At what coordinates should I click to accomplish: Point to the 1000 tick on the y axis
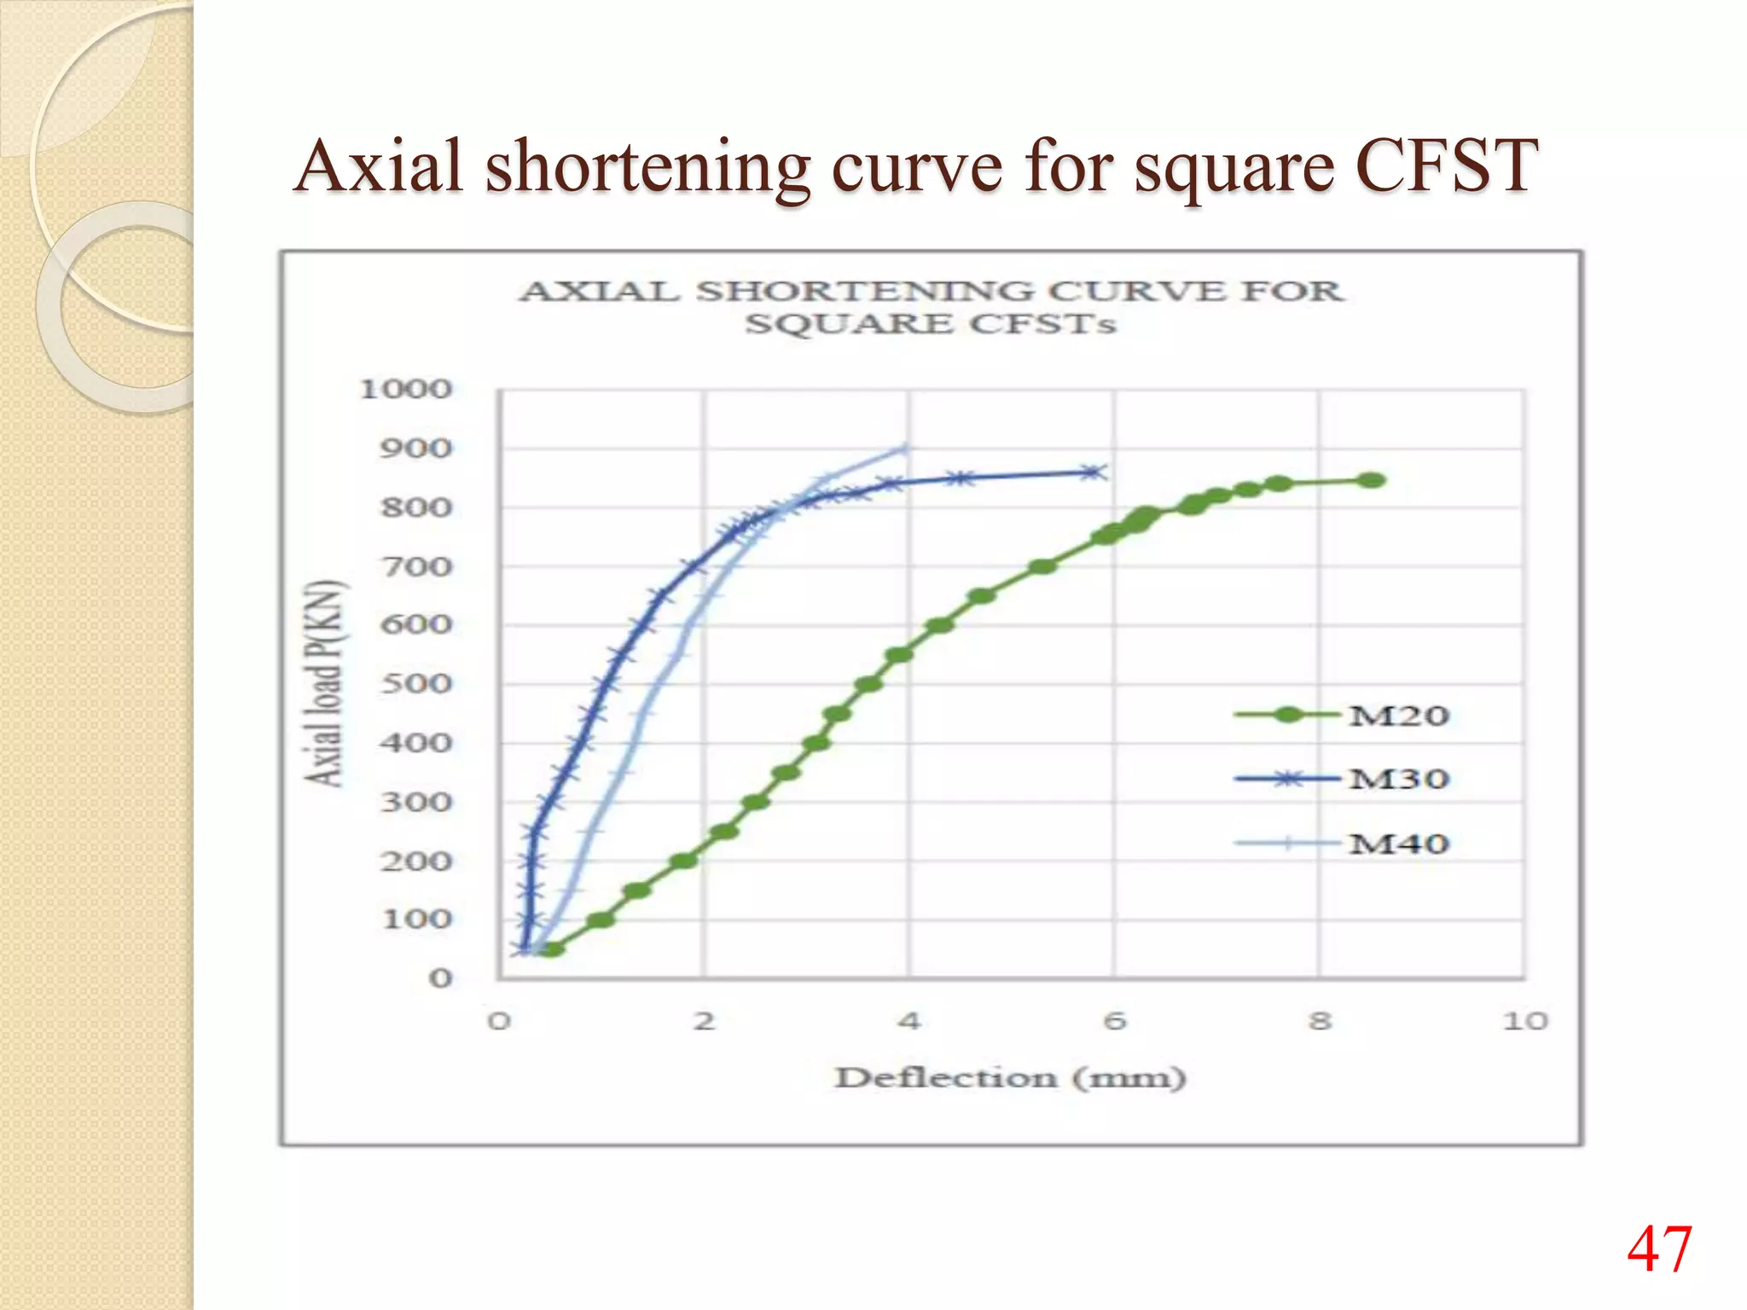(405, 389)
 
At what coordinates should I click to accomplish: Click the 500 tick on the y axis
(415, 684)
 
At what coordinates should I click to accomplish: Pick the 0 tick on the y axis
(439, 977)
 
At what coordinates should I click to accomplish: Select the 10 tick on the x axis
(1524, 1021)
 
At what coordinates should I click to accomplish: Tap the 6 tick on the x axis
(1114, 1021)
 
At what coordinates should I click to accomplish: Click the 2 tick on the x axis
(704, 1021)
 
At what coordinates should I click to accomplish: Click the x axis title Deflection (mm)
(1010, 1078)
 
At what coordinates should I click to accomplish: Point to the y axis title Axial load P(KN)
(325, 683)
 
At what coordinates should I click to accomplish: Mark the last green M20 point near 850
(1370, 480)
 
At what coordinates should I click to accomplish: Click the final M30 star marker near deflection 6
(1094, 472)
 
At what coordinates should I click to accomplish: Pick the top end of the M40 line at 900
(904, 448)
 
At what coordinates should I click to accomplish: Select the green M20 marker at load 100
(601, 919)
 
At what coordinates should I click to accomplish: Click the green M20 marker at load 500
(868, 684)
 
